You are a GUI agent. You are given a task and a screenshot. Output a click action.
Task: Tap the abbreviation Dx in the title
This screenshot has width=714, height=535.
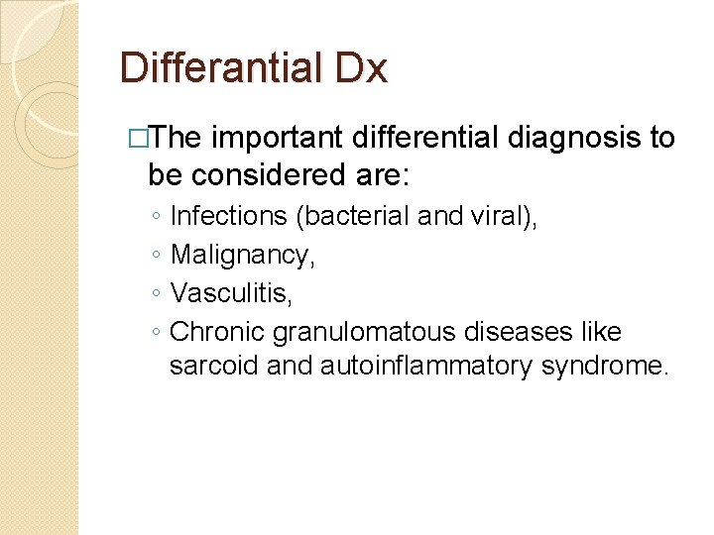pos(364,69)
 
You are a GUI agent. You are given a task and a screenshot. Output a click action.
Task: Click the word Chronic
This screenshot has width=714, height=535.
pos(215,330)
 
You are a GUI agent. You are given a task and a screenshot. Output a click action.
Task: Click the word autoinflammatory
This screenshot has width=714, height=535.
pos(427,367)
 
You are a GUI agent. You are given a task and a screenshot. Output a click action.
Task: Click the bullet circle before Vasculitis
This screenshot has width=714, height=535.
pos(157,294)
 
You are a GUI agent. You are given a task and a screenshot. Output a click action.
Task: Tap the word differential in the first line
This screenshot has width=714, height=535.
pos(443,138)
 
